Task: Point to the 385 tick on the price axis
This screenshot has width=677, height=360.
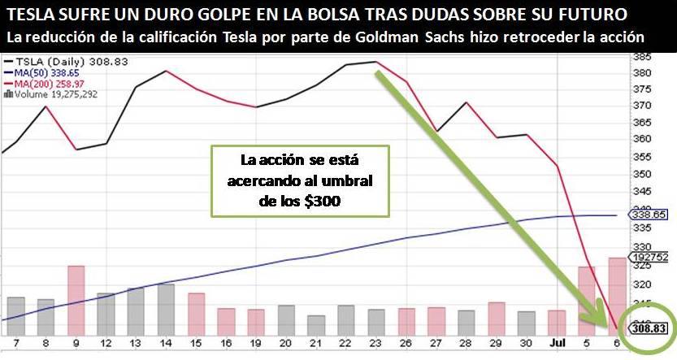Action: (643, 57)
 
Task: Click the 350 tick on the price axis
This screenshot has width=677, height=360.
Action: (643, 174)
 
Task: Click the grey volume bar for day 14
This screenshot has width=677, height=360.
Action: (166, 304)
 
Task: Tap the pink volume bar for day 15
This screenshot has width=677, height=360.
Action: (196, 309)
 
